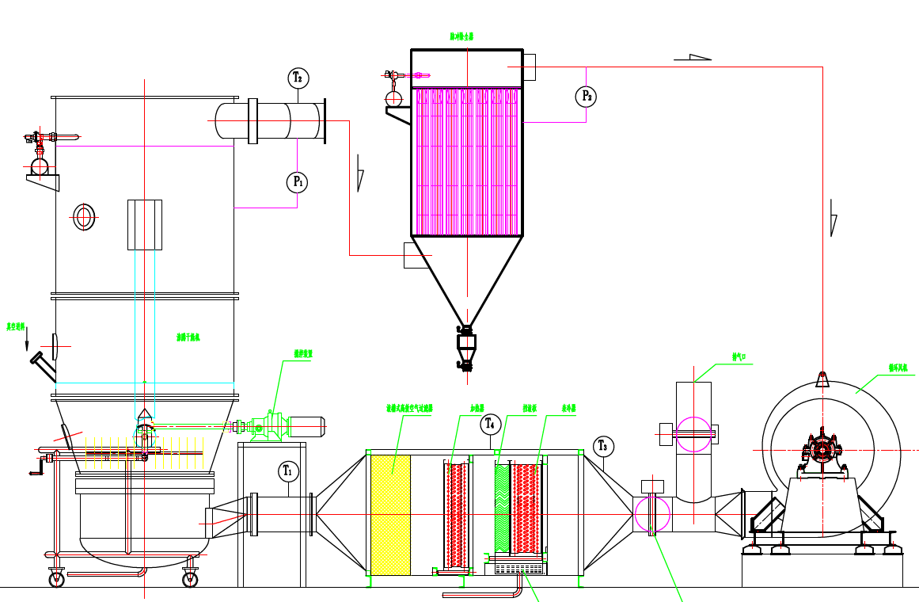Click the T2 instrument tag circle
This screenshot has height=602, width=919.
(298, 78)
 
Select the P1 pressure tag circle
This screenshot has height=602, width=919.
(297, 182)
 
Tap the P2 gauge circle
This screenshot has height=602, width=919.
(586, 97)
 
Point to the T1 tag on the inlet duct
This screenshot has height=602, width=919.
(287, 471)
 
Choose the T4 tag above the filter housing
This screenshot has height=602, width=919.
(491, 424)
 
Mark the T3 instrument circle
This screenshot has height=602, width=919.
(604, 447)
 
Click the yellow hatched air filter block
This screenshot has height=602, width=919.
(391, 515)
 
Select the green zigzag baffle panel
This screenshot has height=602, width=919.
(502, 509)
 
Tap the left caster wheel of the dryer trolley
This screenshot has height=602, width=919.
(57, 579)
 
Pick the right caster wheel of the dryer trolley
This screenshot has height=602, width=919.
(190, 579)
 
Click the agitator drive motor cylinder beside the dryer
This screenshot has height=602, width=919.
(307, 427)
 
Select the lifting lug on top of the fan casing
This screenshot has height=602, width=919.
(822, 379)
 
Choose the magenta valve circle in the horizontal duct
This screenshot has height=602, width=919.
(652, 514)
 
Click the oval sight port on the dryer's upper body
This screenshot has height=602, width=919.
(83, 216)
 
